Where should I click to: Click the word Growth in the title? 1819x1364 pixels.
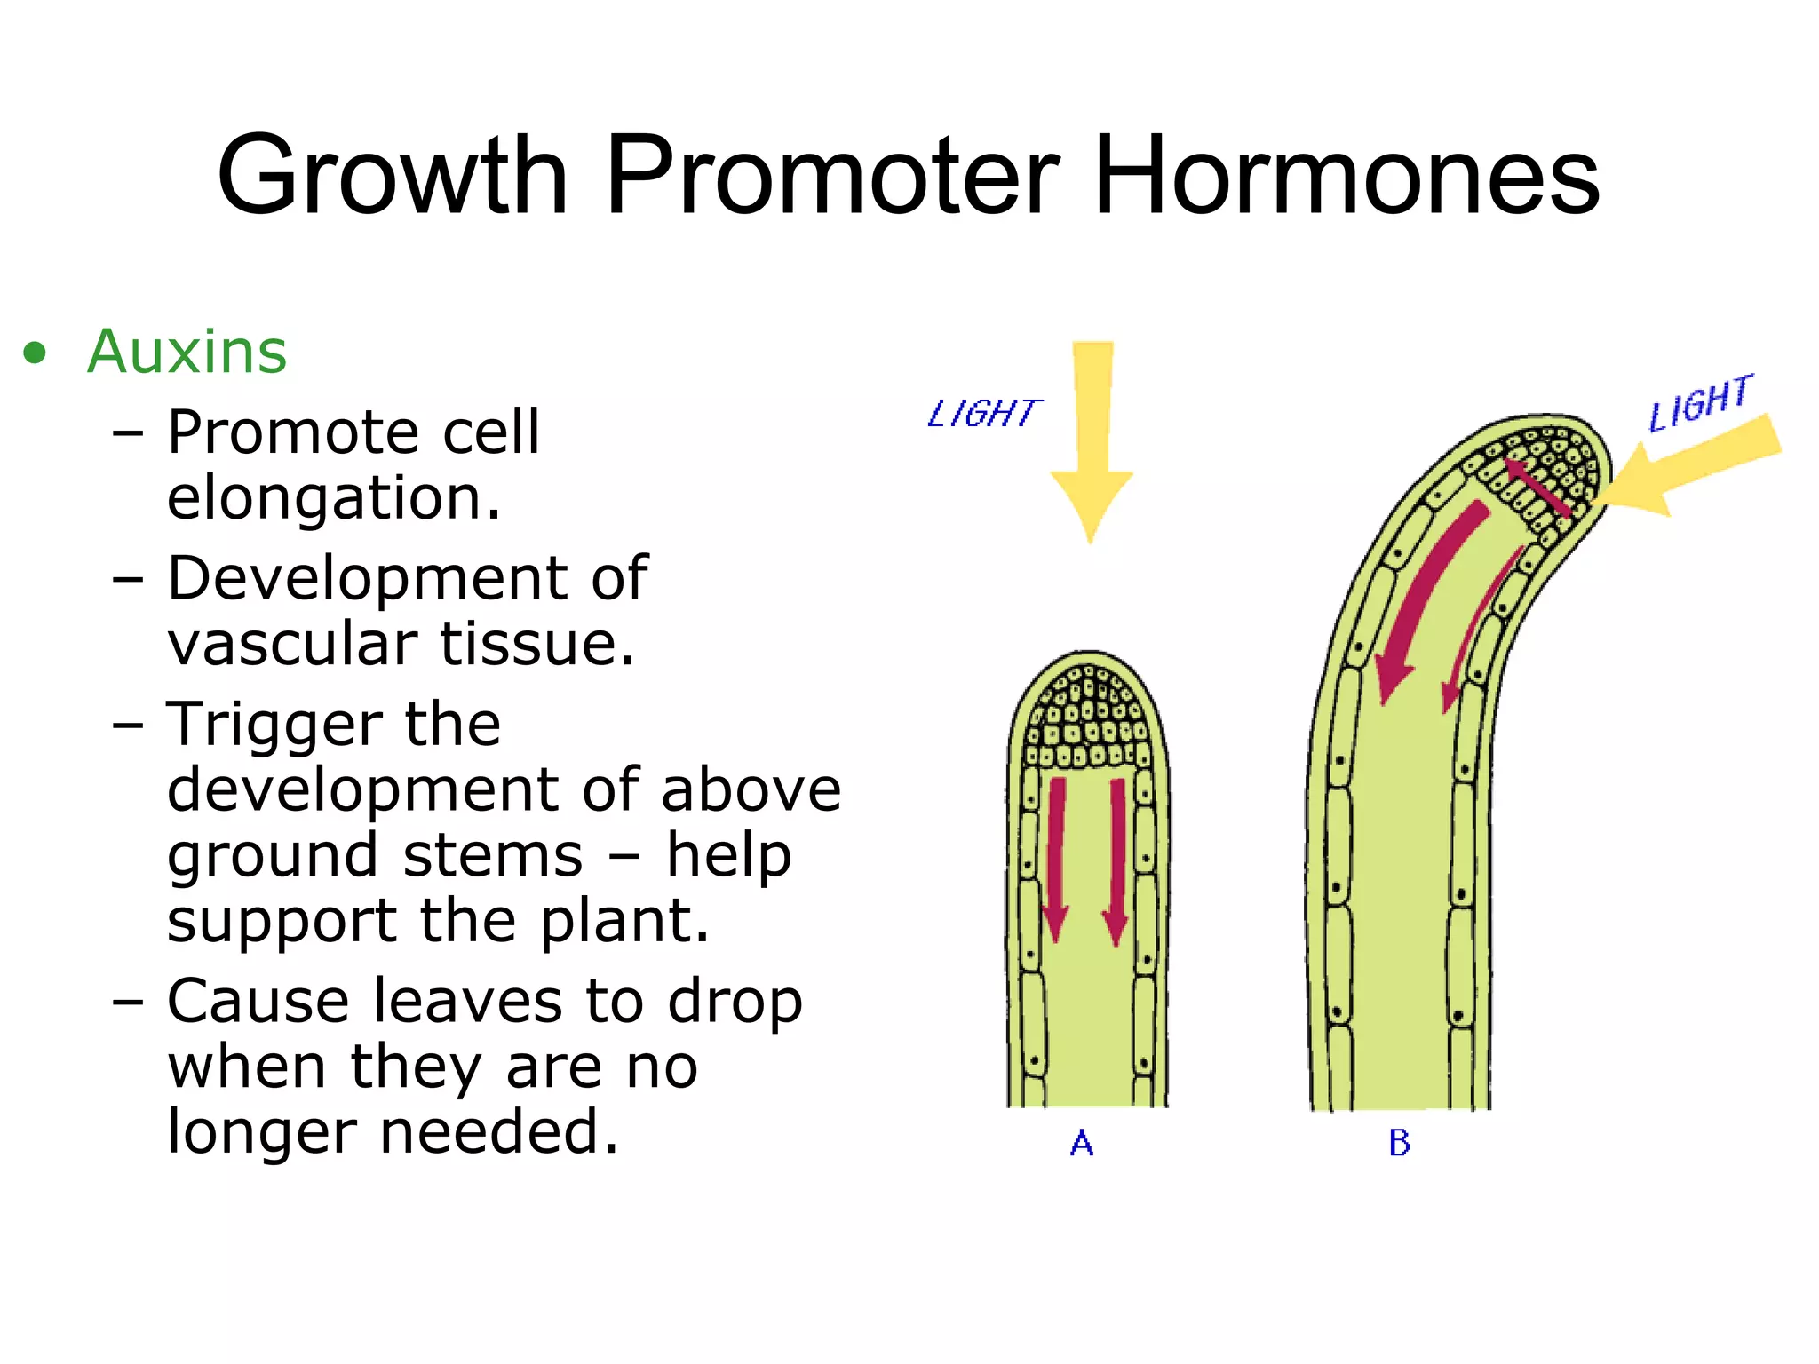pyautogui.click(x=392, y=175)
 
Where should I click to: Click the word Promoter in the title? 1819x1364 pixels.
pyautogui.click(x=832, y=175)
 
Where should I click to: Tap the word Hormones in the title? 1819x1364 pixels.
pyautogui.click(x=1346, y=175)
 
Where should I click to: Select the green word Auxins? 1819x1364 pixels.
pyautogui.click(x=187, y=352)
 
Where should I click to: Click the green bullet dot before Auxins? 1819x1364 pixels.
pyautogui.click(x=35, y=353)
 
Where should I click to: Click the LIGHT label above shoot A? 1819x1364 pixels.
pyautogui.click(x=982, y=414)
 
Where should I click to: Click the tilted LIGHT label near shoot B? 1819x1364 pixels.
pyautogui.click(x=1700, y=402)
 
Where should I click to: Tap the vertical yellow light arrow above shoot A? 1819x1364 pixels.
pyautogui.click(x=1092, y=435)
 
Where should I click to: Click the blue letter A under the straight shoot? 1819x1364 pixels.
pyautogui.click(x=1081, y=1143)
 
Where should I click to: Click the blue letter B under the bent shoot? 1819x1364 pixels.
pyautogui.click(x=1399, y=1143)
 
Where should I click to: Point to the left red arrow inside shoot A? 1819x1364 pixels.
pyautogui.click(x=1056, y=857)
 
